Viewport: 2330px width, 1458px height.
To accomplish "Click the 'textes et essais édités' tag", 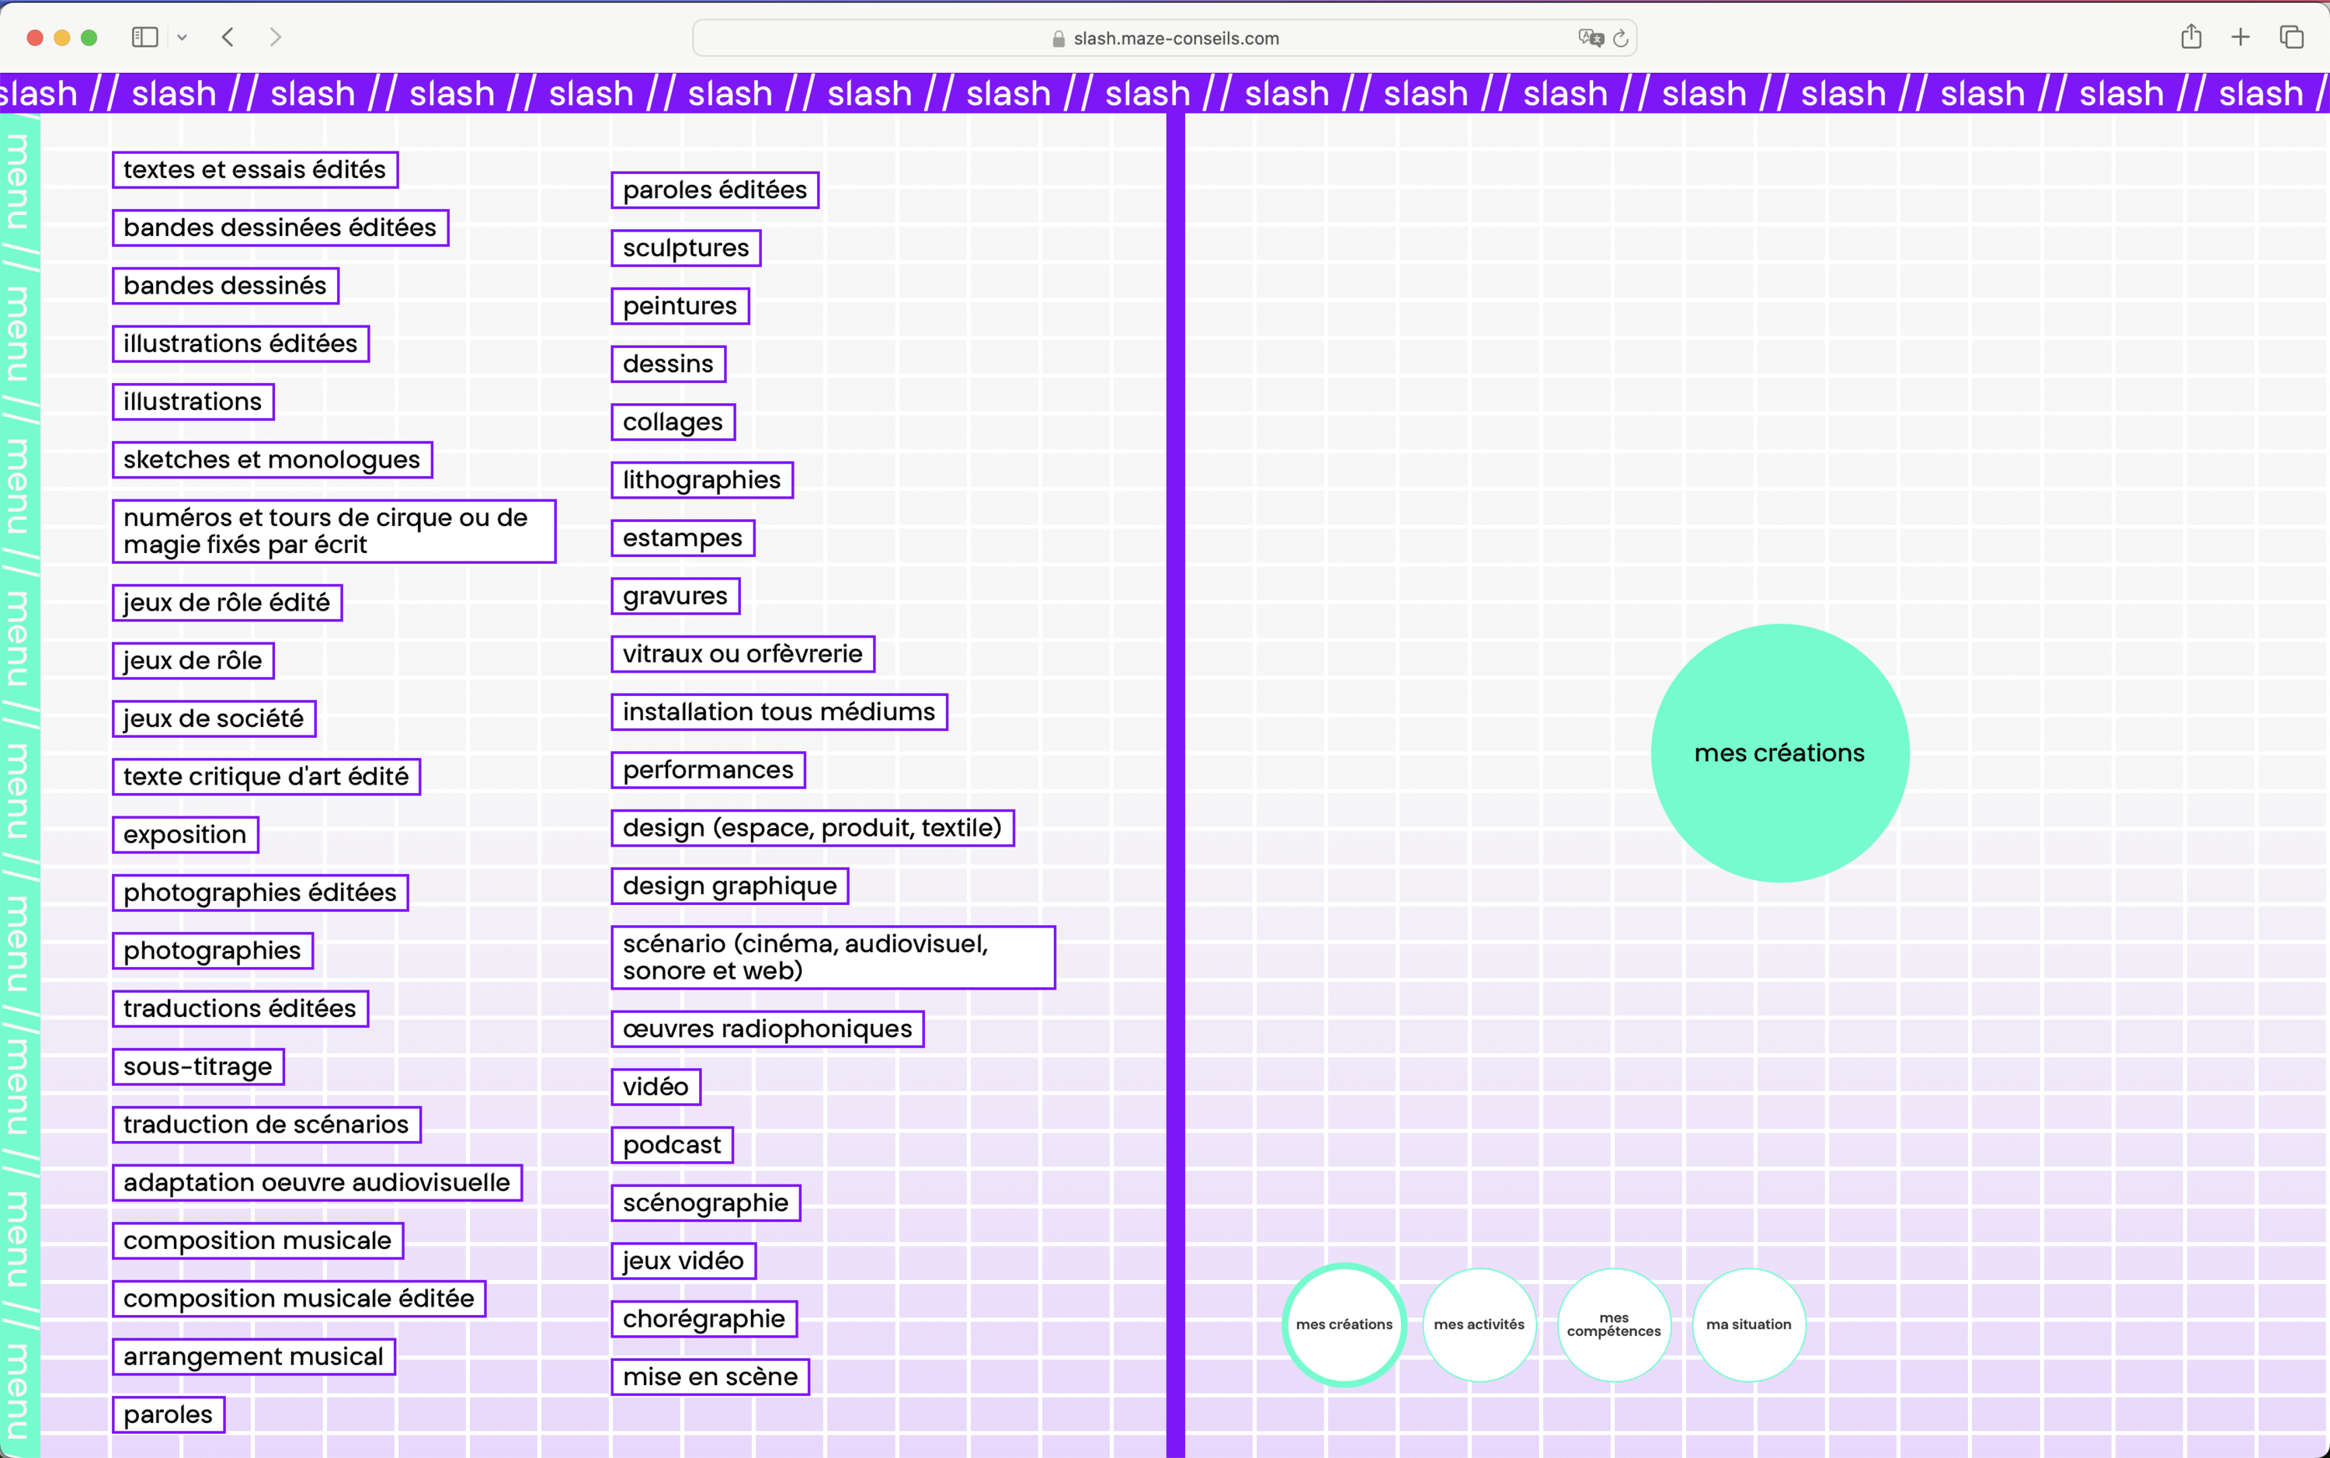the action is [255, 169].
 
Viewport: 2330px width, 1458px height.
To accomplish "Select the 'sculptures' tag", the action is [685, 248].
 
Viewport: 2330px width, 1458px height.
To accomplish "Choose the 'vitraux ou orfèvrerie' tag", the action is [742, 654].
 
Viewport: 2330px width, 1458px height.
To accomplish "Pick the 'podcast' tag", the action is [672, 1145].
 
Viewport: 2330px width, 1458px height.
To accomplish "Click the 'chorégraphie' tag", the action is [704, 1318].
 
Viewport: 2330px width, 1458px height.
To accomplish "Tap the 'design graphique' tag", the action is [730, 886].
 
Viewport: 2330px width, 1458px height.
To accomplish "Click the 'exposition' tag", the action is [185, 834].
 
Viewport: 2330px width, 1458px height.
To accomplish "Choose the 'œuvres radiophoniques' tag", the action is [767, 1029].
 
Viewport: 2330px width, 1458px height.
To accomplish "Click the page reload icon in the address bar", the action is [1620, 39].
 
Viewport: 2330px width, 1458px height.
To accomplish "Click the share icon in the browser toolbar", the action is [2191, 37].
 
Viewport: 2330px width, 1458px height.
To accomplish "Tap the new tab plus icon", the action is [2241, 37].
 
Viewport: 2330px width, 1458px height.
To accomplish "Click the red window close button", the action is [35, 37].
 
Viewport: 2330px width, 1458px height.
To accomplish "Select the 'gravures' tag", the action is [675, 596].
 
